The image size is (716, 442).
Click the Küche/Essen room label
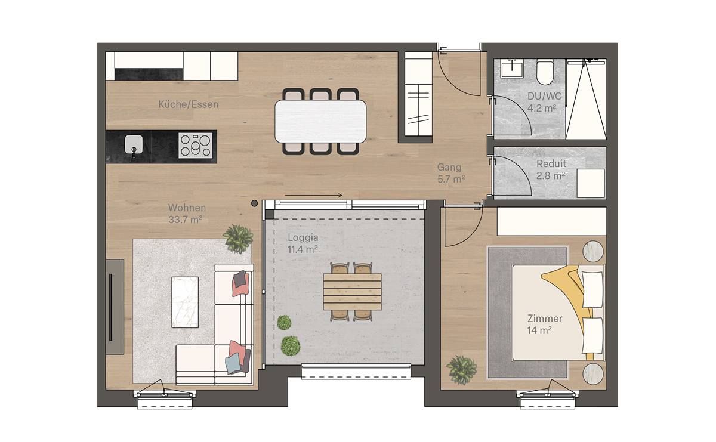coord(189,104)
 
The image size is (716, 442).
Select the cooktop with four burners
coord(195,146)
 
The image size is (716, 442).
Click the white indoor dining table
coord(320,122)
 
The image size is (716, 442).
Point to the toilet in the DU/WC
coord(545,72)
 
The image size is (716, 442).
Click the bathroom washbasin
coord(512,69)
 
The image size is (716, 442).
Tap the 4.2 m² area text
coord(542,109)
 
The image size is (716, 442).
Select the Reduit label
coord(551,163)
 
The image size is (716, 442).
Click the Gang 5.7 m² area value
coord(451,179)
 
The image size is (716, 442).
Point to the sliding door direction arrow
coord(314,195)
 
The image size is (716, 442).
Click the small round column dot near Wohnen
coord(254,203)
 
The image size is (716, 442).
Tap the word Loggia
coord(303,237)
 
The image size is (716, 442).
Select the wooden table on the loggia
coord(352,292)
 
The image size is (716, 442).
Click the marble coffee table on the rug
coord(185,302)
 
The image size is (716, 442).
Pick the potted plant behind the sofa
coord(238,239)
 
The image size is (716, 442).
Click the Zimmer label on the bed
coord(545,319)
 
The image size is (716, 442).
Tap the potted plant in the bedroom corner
coord(462,370)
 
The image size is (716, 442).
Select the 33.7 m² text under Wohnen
coord(185,220)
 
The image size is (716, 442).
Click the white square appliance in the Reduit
coord(591,184)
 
